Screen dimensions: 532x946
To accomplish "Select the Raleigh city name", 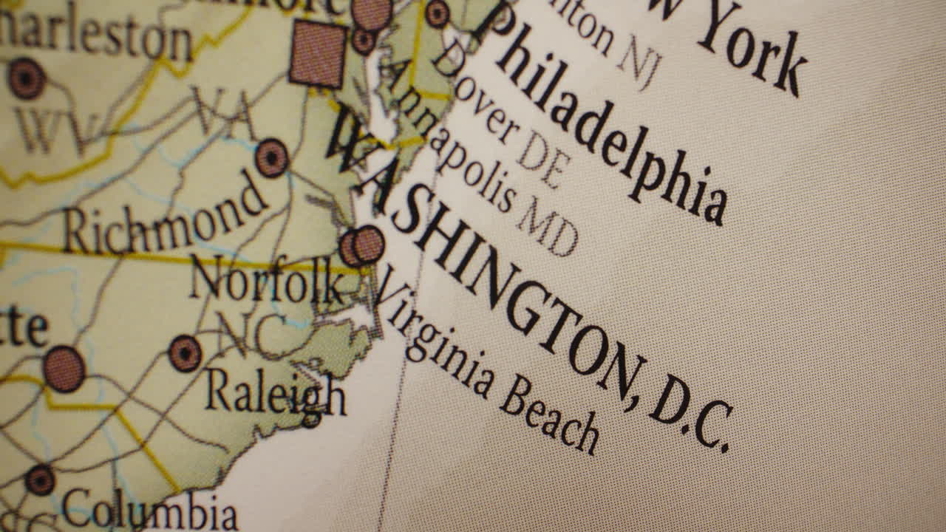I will [275, 394].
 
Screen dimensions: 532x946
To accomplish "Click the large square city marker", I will [318, 53].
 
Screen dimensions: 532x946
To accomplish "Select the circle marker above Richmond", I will [271, 157].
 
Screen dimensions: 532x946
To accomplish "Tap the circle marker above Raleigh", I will [185, 353].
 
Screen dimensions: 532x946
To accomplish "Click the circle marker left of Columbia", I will [40, 480].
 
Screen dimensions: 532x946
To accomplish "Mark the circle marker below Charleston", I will [27, 78].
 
